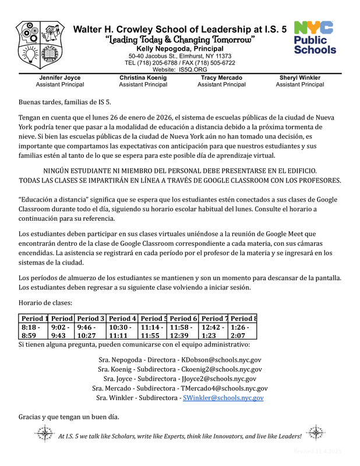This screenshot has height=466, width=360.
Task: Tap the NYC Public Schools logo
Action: coord(315,38)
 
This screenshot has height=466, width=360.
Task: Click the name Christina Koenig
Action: coord(143,77)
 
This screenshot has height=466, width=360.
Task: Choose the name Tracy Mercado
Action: coord(221,77)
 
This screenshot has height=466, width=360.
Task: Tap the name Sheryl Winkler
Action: coord(299,77)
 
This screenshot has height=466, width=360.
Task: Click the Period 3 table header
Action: coord(91,319)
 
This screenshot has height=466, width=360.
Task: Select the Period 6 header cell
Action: coord(183,319)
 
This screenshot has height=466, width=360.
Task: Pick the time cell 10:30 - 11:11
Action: coord(122,331)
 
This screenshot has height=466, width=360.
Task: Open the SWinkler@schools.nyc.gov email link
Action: coord(223,398)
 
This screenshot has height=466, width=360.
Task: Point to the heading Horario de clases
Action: coord(45,303)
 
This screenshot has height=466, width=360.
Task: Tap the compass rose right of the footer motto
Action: coord(315,435)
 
